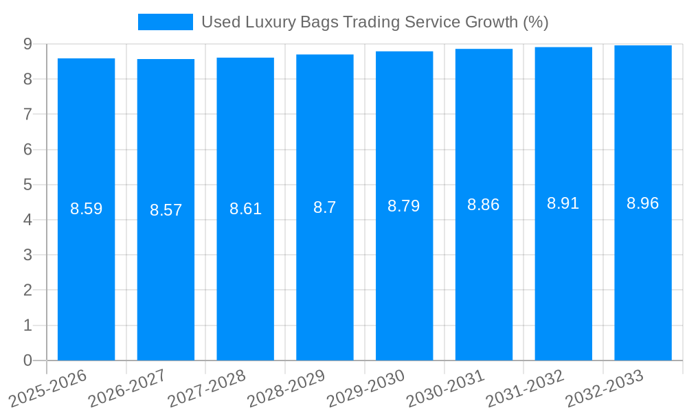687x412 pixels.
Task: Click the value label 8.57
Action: click(166, 210)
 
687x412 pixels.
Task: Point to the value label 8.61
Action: click(245, 209)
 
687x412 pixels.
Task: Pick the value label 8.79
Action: click(404, 206)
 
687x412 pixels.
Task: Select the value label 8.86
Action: click(483, 205)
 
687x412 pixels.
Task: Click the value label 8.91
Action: click(563, 203)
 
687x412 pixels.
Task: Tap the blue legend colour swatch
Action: click(165, 22)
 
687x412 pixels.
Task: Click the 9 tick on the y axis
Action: click(27, 44)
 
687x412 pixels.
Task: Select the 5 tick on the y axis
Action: click(27, 185)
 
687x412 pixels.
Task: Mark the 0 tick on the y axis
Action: click(27, 360)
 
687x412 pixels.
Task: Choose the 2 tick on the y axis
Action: click(27, 290)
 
